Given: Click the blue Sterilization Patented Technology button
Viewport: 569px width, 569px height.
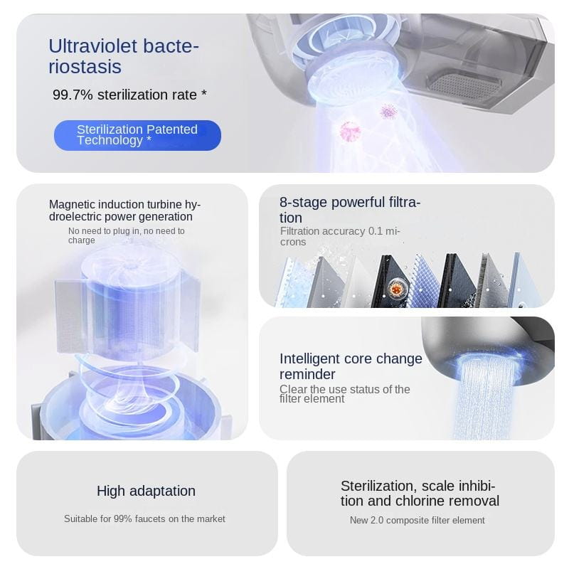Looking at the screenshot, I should (x=137, y=135).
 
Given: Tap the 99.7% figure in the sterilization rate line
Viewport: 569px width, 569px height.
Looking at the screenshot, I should (x=73, y=95).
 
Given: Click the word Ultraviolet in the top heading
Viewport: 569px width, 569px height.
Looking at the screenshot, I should (x=92, y=46).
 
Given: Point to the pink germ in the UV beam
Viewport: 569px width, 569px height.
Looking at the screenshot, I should (x=350, y=131).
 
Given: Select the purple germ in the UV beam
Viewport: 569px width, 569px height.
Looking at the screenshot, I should (x=388, y=111).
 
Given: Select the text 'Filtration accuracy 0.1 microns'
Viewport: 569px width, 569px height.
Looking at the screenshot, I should (x=340, y=236).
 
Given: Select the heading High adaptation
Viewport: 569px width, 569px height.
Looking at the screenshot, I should (x=146, y=491).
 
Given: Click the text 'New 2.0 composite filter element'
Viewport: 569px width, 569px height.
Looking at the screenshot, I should (x=417, y=521).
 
